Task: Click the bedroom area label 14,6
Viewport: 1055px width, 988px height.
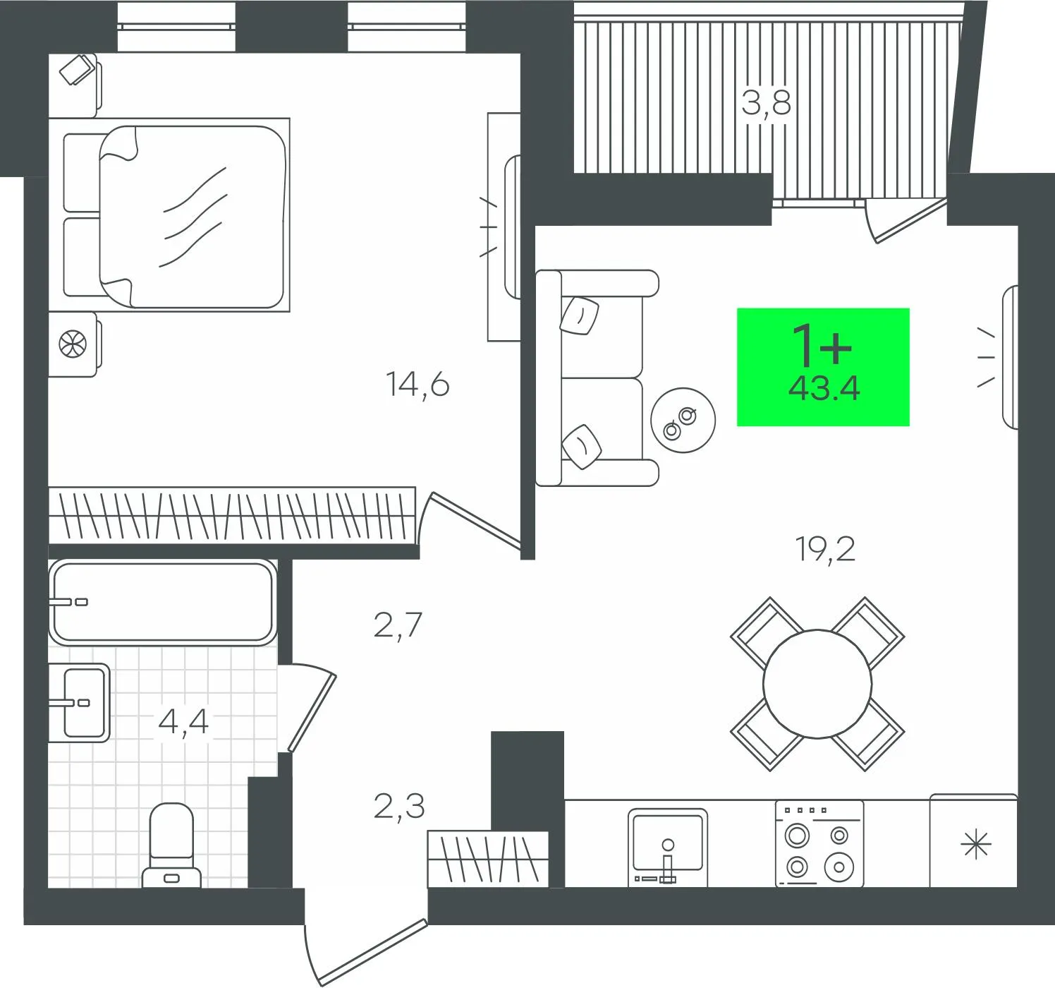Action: coord(417,385)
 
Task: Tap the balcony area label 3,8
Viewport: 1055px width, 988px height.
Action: coord(766,104)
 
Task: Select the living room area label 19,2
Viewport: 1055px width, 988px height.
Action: coord(825,549)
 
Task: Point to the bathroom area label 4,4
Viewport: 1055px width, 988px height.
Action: coord(183,722)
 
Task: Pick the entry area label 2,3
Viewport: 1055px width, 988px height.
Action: coord(399,806)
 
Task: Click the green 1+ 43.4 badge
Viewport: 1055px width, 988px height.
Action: coord(823,367)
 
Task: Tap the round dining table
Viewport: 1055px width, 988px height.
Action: coord(817,683)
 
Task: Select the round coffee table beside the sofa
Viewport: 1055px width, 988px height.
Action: coord(683,421)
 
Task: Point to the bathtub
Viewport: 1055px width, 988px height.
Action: coord(161,602)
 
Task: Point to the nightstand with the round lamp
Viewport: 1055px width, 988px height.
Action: coord(73,345)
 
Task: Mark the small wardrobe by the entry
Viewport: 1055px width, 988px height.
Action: coord(487,858)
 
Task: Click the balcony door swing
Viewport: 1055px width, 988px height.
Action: coord(903,219)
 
